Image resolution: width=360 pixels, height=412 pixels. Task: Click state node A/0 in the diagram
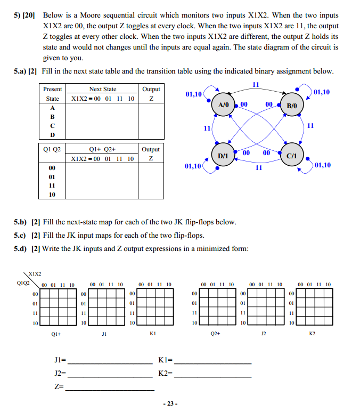223,105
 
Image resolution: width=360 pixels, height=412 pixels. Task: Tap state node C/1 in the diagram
291,156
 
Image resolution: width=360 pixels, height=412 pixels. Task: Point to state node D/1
223,155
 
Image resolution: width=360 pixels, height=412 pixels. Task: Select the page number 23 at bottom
170,403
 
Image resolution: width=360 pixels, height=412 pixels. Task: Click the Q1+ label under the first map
55,334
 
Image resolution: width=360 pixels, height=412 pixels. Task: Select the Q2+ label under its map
215,334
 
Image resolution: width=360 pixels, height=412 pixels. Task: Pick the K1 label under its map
152,334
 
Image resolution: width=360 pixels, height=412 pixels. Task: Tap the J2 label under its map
263,334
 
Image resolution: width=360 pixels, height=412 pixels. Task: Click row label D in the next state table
52,134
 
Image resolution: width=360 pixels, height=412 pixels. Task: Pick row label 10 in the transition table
52,195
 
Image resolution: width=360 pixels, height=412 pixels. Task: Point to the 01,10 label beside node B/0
322,92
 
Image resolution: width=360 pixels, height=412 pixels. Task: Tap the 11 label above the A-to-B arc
256,84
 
